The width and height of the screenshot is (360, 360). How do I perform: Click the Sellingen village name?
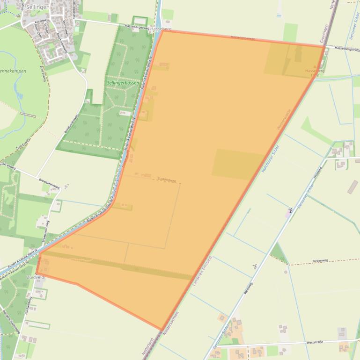(x=38, y=8)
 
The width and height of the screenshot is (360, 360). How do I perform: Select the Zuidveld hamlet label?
(x=36, y=277)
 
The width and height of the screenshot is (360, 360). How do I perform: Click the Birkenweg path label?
(x=321, y=261)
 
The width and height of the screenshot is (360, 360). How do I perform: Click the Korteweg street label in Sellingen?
(x=42, y=21)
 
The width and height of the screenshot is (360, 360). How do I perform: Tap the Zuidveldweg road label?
(x=167, y=180)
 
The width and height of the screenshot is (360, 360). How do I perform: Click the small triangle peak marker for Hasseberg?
(x=315, y=66)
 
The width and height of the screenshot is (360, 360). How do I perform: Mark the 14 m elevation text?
(x=315, y=75)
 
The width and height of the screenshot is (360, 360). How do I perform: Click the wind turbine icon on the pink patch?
(x=290, y=210)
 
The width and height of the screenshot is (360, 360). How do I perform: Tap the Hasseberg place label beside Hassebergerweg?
(x=161, y=29)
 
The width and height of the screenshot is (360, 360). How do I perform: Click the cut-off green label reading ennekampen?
(x=13, y=71)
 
